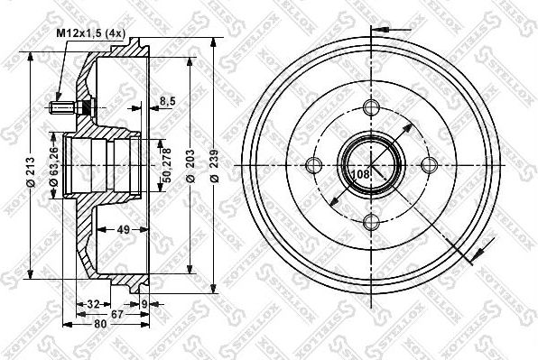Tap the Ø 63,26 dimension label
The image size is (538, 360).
tap(53, 164)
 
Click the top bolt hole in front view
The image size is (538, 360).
tap(371, 107)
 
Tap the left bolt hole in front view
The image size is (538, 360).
tap(313, 165)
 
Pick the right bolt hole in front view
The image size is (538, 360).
tap(429, 165)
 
